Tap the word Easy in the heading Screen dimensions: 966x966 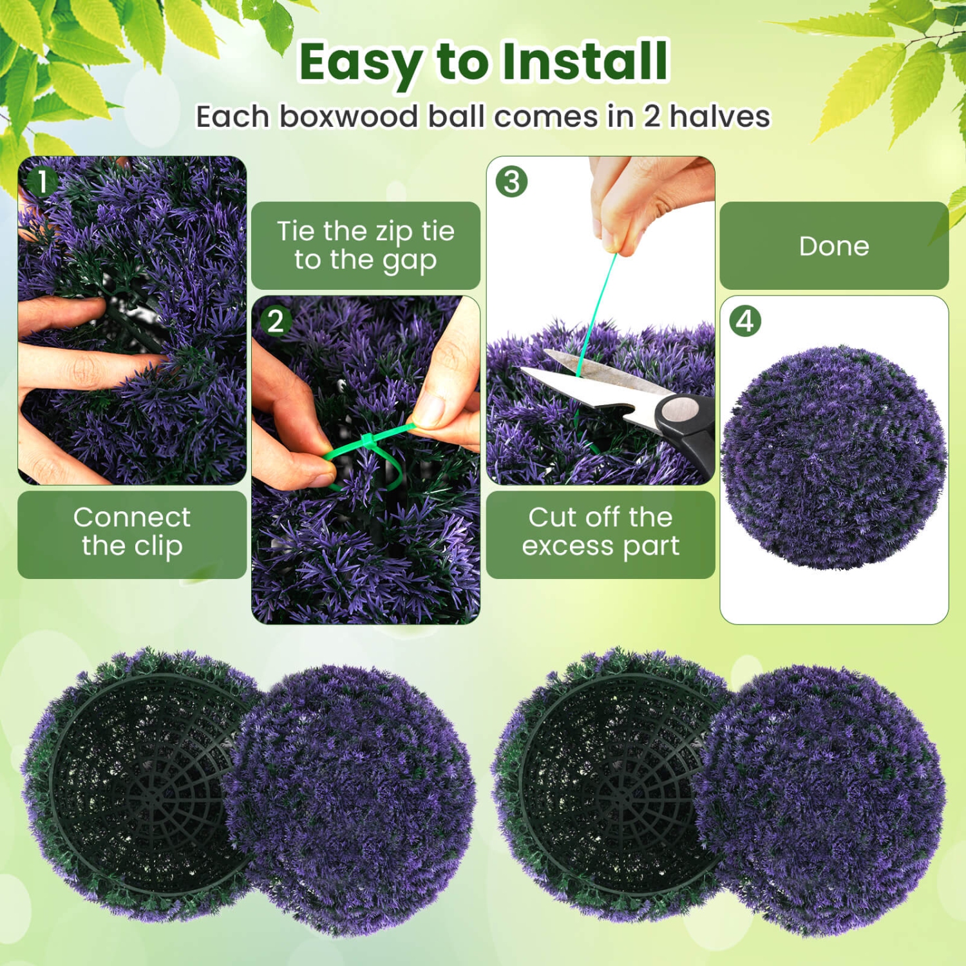point(360,63)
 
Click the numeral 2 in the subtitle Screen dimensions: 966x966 point(652,117)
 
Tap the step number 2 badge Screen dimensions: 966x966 point(276,321)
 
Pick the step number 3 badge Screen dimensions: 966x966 point(511,182)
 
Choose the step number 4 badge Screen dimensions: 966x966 point(745,321)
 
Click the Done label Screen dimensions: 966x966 point(834,246)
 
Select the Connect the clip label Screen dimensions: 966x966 point(132,532)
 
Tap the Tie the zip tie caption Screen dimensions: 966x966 point(365,245)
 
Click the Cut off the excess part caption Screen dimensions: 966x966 point(600,532)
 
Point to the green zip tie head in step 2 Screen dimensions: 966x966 point(368,440)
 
